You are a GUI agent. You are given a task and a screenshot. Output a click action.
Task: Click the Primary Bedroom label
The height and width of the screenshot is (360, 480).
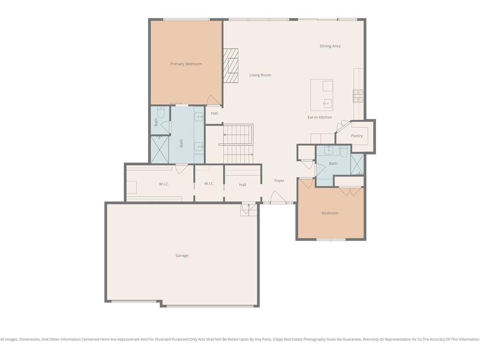click(x=186, y=64)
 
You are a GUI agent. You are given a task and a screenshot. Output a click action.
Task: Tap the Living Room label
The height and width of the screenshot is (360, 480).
click(x=260, y=75)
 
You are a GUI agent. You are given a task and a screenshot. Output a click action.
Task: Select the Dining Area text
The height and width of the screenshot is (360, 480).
click(x=330, y=46)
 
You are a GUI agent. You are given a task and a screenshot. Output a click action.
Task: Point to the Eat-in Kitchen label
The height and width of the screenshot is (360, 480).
click(x=320, y=117)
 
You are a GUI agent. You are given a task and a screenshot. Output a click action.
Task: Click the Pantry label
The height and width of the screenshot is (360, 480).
click(x=357, y=135)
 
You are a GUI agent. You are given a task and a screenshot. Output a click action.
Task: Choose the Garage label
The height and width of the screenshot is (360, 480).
click(x=182, y=255)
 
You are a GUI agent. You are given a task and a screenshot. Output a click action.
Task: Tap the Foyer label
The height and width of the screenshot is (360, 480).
click(x=279, y=180)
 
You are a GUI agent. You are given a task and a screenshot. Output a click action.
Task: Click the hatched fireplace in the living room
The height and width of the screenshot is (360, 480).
click(x=231, y=66)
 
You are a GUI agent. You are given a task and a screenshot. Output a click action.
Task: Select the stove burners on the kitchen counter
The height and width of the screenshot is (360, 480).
click(x=358, y=96)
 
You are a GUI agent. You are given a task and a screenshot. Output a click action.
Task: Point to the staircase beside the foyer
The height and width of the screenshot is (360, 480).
click(x=238, y=144)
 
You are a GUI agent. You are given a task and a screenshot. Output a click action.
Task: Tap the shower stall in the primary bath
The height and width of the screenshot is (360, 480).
click(x=160, y=150)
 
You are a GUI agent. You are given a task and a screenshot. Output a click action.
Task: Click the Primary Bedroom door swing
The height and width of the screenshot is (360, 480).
click(x=214, y=100)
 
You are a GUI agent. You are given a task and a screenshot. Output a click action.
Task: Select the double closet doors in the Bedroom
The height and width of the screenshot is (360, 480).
click(x=350, y=191)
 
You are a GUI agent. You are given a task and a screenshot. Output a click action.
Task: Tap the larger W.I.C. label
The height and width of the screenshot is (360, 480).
click(x=164, y=184)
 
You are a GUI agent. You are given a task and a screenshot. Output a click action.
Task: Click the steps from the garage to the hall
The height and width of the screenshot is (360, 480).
click(x=248, y=210)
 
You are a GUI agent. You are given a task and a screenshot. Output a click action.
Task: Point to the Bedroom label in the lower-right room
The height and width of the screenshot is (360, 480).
click(x=330, y=213)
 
